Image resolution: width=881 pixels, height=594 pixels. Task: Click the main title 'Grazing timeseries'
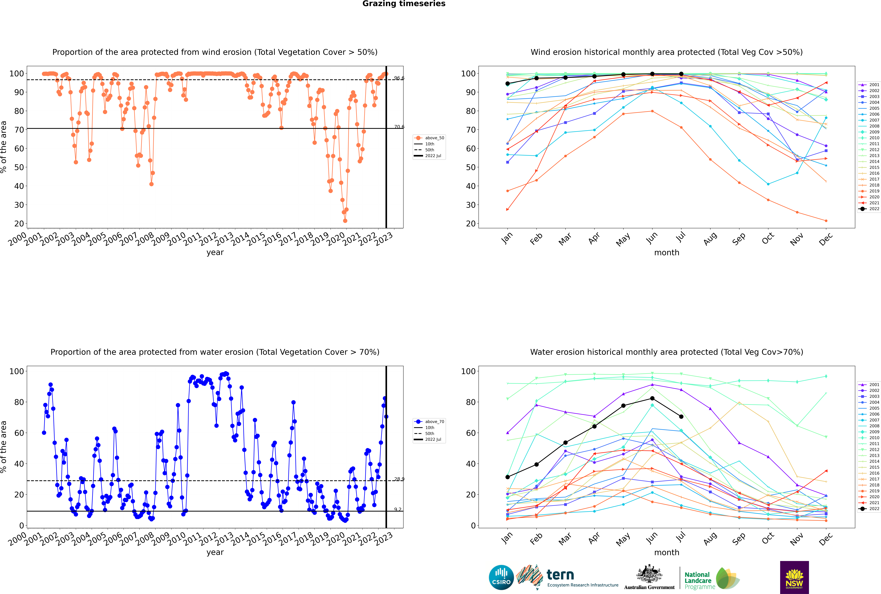(404, 4)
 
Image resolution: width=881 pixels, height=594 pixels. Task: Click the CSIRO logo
(501, 577)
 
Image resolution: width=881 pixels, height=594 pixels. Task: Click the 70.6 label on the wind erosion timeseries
(399, 127)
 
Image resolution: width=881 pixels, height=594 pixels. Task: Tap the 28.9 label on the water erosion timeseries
(399, 479)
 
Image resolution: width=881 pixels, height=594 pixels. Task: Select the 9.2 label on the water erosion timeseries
(398, 509)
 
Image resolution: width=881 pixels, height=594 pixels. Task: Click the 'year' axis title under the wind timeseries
(215, 253)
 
